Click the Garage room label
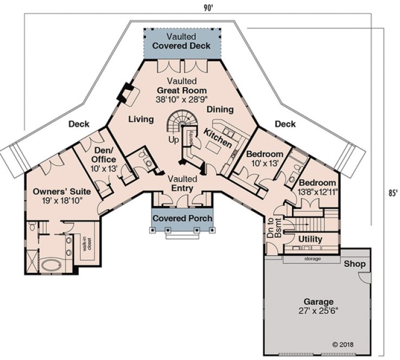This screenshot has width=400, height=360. (x=319, y=302)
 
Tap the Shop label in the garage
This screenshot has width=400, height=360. (x=354, y=264)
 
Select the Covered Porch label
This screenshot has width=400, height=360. (x=182, y=218)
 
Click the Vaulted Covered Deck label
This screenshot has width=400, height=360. (x=181, y=42)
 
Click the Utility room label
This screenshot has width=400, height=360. (x=310, y=239)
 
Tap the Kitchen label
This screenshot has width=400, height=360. (x=218, y=139)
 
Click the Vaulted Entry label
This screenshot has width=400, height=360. (x=182, y=183)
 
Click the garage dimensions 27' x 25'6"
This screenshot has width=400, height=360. (x=319, y=311)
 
